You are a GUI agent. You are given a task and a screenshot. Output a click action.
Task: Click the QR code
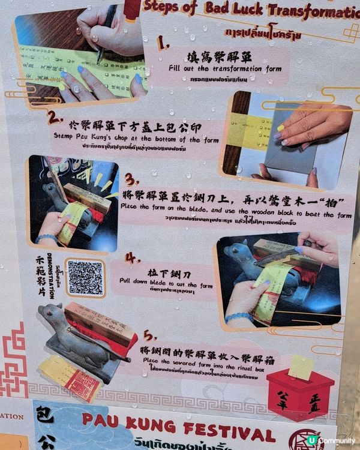[x=85, y=277]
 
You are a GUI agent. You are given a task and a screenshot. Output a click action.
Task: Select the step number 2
[x=55, y=116]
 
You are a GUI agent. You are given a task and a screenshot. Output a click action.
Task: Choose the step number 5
[x=149, y=336]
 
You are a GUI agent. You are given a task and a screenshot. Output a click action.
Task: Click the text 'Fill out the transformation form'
[x=225, y=69]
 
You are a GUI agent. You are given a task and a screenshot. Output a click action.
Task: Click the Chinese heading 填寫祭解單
[x=225, y=58]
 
